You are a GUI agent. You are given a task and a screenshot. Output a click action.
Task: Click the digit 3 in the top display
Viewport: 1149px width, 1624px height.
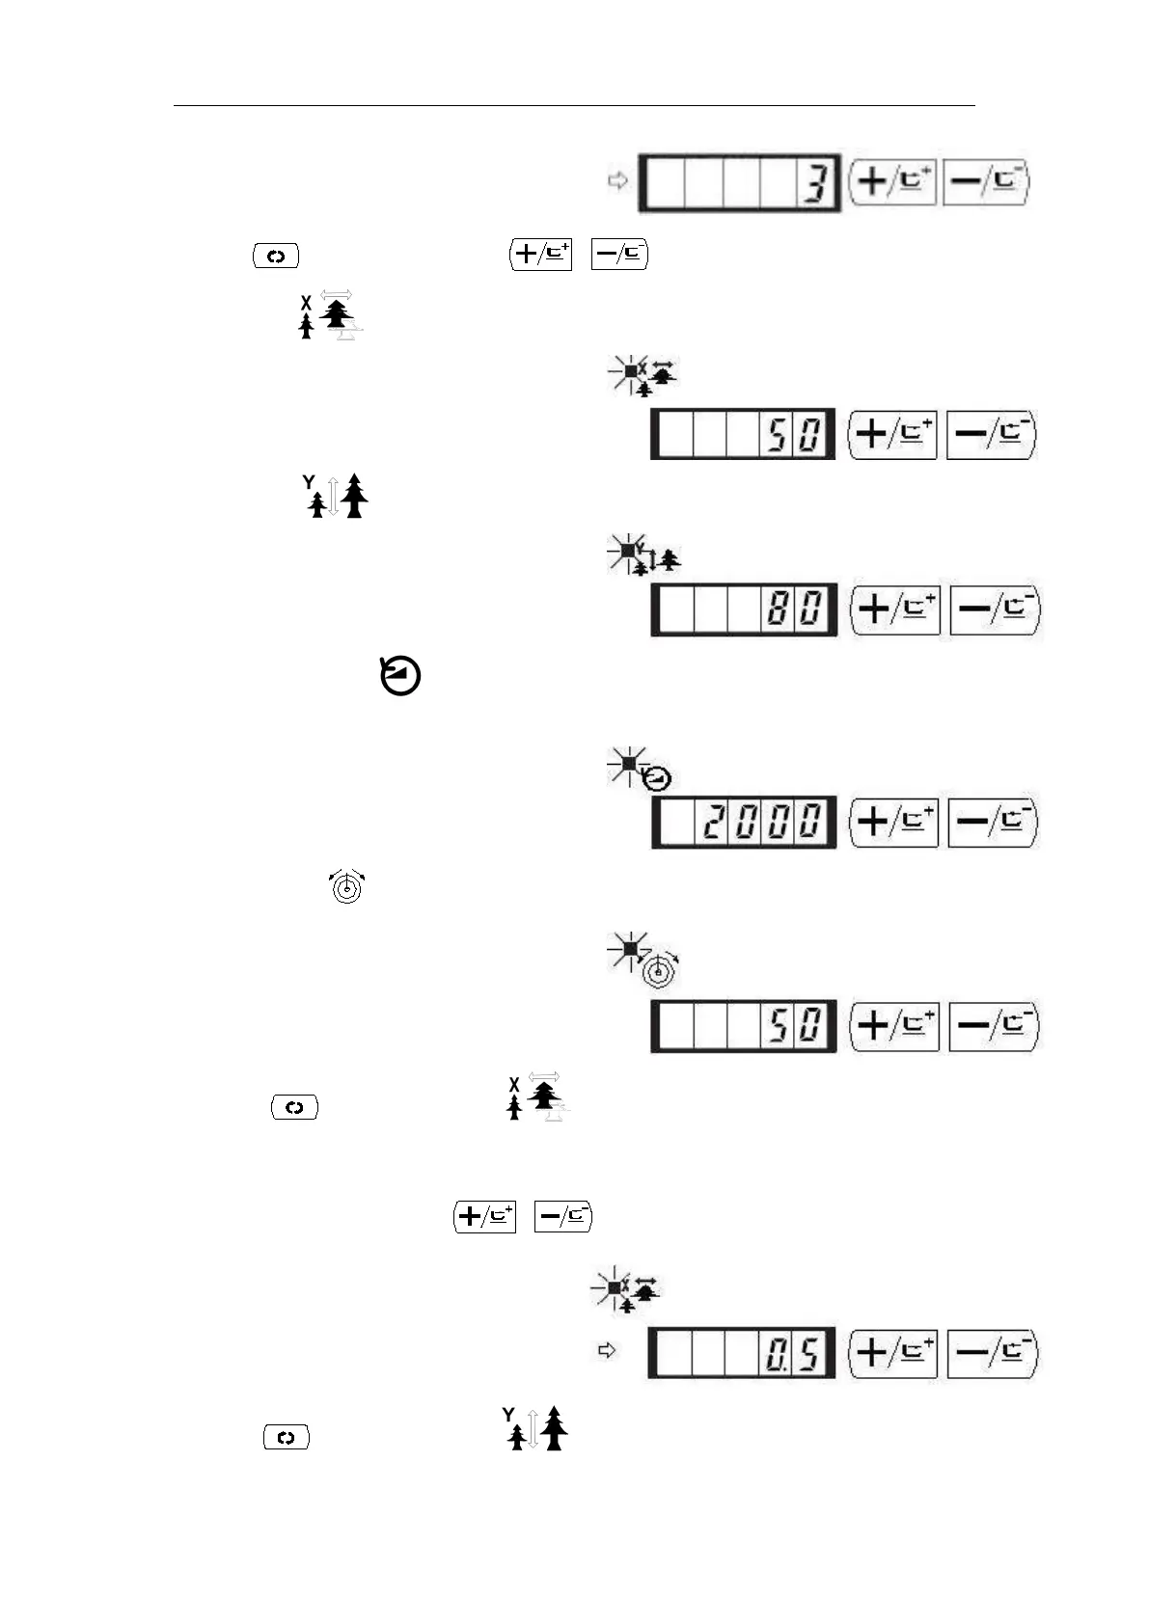[x=816, y=183]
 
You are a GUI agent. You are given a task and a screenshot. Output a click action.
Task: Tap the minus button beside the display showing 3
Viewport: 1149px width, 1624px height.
[x=986, y=181]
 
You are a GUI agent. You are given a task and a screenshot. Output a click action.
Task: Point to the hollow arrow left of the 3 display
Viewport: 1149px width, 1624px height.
[x=618, y=180]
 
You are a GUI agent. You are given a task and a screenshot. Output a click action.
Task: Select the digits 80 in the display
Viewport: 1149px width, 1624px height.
[x=796, y=609]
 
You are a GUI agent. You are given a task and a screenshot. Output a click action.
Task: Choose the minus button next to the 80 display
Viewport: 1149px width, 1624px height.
[x=995, y=609]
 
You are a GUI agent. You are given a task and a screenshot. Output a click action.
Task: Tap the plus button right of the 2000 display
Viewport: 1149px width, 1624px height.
[x=893, y=822]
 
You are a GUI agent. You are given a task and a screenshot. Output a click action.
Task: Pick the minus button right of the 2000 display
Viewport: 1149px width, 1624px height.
[x=993, y=822]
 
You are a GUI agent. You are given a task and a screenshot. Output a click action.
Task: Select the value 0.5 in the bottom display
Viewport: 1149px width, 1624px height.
[x=793, y=1354]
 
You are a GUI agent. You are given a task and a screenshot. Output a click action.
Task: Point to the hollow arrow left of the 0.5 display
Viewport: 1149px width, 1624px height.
[x=607, y=1350]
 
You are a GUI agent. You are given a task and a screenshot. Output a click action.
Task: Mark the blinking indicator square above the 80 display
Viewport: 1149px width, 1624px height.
[x=628, y=551]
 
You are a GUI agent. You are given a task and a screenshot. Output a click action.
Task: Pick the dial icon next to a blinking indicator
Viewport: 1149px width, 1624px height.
[x=660, y=969]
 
